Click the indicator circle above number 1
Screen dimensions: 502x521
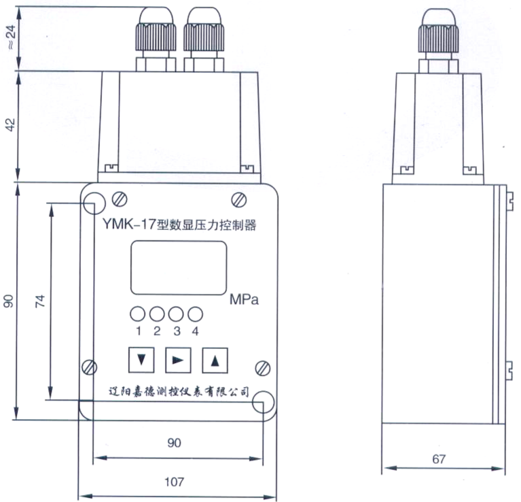tap(138, 314)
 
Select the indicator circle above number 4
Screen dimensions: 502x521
tap(196, 314)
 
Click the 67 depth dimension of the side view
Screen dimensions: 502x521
tap(439, 459)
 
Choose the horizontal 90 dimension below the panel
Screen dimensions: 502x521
tap(175, 443)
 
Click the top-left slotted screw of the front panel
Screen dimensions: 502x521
tap(120, 198)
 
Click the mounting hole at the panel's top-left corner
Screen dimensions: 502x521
tap(93, 202)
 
